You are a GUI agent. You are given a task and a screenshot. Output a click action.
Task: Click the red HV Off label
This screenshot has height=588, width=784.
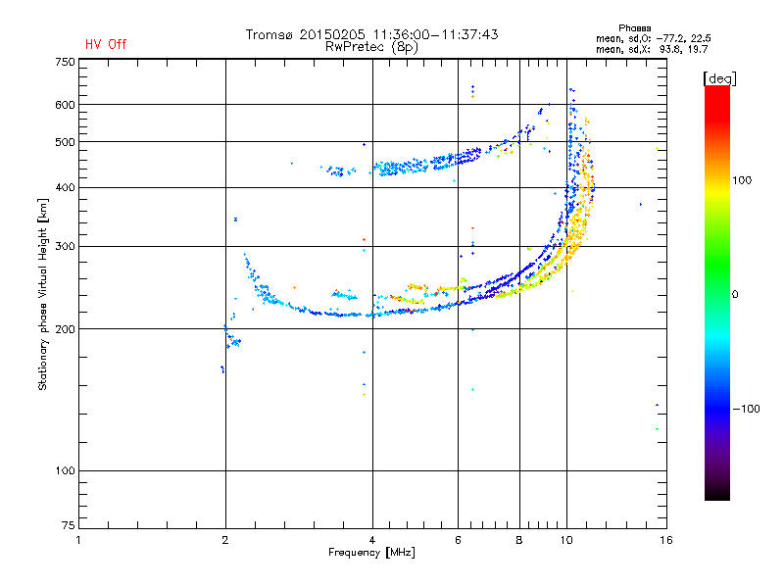click(106, 44)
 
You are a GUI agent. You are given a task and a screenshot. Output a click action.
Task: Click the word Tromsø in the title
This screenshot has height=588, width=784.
click(269, 34)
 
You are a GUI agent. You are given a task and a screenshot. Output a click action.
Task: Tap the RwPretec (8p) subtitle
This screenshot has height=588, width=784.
click(371, 47)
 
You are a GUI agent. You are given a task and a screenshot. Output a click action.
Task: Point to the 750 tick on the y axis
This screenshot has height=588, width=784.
click(65, 62)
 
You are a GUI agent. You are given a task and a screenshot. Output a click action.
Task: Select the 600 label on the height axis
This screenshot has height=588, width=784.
click(65, 105)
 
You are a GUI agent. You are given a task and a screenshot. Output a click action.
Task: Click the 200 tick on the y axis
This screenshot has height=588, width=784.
click(65, 329)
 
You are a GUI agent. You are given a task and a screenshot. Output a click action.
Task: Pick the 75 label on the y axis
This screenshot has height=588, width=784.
click(69, 525)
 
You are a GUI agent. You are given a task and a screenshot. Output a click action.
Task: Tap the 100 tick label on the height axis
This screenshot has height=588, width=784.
click(65, 471)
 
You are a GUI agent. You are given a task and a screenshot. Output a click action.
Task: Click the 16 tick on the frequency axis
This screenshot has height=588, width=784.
click(666, 540)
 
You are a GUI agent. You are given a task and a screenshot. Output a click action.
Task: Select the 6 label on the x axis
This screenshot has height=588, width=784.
click(458, 540)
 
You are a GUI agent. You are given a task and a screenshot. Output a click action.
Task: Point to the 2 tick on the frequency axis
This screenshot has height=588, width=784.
click(225, 540)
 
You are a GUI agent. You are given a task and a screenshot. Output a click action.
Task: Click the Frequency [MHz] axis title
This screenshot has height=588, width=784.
click(371, 553)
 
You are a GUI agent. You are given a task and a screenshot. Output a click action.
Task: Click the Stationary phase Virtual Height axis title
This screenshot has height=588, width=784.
click(43, 294)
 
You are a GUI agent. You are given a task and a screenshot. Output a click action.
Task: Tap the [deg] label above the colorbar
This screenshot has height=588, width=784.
click(719, 78)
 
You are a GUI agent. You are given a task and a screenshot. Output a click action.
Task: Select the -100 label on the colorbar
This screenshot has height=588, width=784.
click(746, 409)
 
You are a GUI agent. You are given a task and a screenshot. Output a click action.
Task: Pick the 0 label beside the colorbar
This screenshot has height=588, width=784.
click(735, 295)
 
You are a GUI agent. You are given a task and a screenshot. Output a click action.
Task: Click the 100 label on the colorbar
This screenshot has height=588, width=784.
click(742, 180)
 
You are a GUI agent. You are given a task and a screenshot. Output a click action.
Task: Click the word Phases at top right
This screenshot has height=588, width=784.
click(634, 28)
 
